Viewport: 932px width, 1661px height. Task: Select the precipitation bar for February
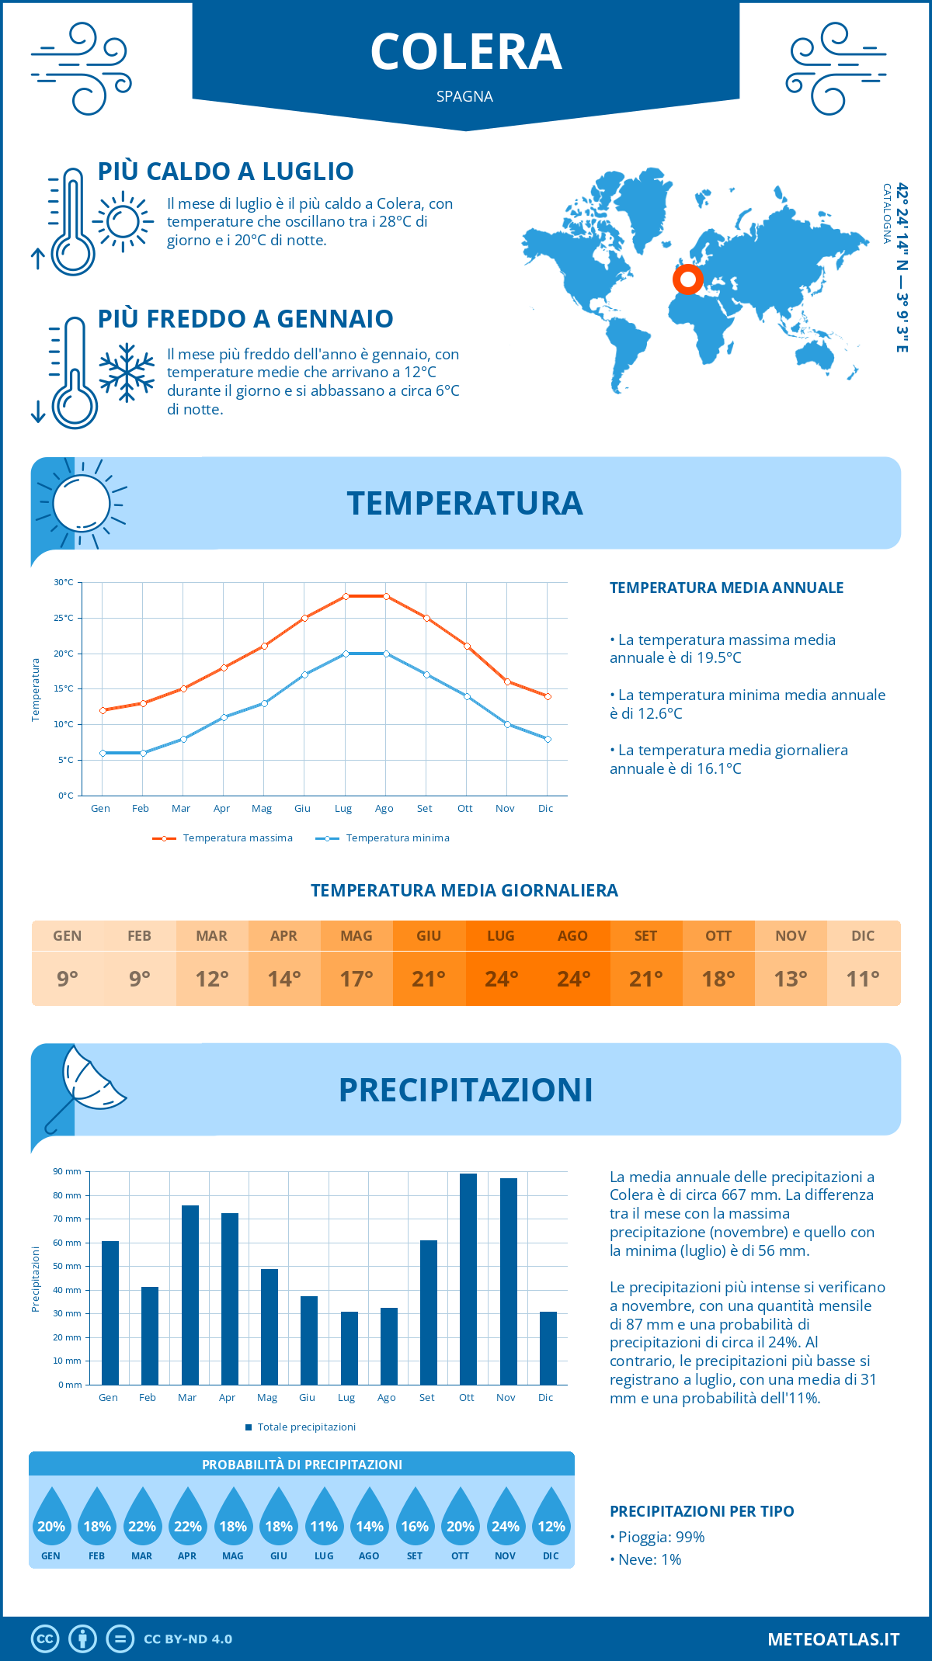coord(149,1336)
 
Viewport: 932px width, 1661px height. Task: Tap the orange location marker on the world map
coord(687,279)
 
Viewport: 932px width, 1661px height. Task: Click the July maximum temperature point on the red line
coord(346,596)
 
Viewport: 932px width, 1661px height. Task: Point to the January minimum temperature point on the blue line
coord(103,753)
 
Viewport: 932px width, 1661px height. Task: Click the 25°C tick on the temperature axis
coord(64,618)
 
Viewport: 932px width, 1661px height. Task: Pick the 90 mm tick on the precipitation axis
coord(68,1171)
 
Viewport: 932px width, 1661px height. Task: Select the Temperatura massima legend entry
coord(223,838)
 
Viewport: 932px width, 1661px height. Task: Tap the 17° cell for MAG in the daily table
coord(356,979)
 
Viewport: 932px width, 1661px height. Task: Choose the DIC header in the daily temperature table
coord(863,936)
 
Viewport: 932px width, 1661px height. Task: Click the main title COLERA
coord(466,52)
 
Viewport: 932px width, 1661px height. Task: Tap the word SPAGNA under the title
coord(464,96)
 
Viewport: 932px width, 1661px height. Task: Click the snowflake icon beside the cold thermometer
coord(127,373)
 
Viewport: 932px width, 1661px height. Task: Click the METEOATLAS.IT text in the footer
coord(833,1639)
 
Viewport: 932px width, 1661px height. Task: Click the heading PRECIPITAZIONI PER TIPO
coord(701,1511)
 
